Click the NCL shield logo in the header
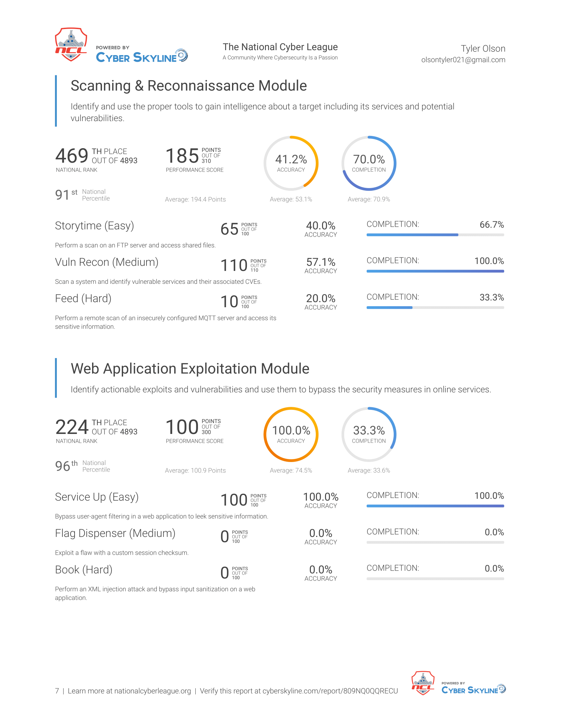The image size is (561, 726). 71,45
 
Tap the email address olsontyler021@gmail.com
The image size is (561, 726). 463,60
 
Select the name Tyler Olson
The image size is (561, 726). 483,49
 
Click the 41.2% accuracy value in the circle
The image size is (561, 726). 291,159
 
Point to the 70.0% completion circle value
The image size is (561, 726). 369,159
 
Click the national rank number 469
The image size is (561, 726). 72,155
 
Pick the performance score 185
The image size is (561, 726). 182,155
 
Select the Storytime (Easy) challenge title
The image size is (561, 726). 94,226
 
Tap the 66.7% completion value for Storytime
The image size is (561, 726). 492,225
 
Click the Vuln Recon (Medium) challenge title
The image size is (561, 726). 107,262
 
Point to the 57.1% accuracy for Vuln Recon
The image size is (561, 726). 321,262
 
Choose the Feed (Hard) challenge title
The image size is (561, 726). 83,299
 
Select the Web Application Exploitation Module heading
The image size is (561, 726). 190,369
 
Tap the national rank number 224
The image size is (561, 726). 72,427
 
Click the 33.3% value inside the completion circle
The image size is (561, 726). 369,430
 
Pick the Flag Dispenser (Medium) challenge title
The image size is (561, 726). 115,533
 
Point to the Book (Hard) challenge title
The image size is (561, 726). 84,570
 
